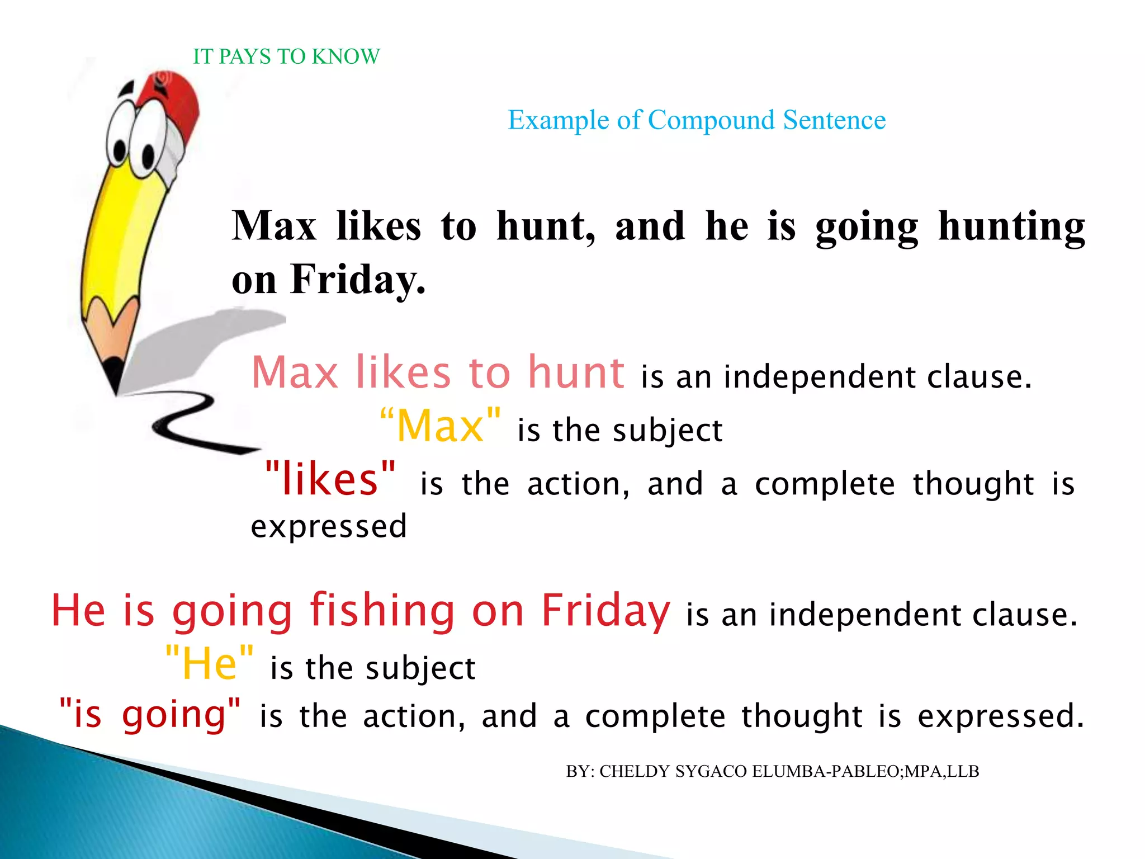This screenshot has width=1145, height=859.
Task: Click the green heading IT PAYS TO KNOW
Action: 286,56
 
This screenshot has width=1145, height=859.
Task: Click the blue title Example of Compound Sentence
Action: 696,120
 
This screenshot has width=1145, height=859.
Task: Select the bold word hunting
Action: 1011,226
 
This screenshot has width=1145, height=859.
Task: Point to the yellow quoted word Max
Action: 440,426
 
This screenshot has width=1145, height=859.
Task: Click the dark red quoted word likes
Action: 330,479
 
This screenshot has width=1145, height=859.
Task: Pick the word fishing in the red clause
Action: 382,611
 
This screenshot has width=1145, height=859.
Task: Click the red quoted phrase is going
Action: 150,715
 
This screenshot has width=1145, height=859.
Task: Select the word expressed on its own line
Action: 329,527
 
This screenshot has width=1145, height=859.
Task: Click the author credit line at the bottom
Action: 772,772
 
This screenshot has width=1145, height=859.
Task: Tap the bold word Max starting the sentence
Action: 274,226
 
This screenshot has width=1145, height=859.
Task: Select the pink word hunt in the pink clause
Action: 576,373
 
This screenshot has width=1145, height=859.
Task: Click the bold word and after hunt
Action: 650,226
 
